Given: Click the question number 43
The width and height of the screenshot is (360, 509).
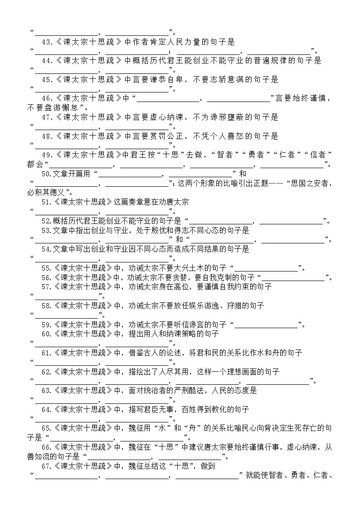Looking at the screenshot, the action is (x=46, y=42).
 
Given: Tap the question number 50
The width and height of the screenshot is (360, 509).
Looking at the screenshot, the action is (x=45, y=174).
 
